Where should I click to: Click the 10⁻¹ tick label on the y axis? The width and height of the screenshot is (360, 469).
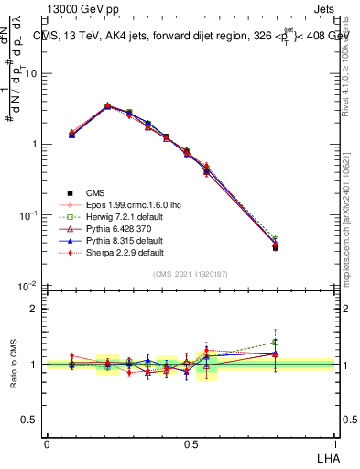(28, 215)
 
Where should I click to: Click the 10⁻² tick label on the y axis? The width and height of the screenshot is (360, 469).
(28, 286)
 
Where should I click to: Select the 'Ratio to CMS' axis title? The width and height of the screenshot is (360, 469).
(13, 365)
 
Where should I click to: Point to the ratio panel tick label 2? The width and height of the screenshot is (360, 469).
(35, 309)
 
